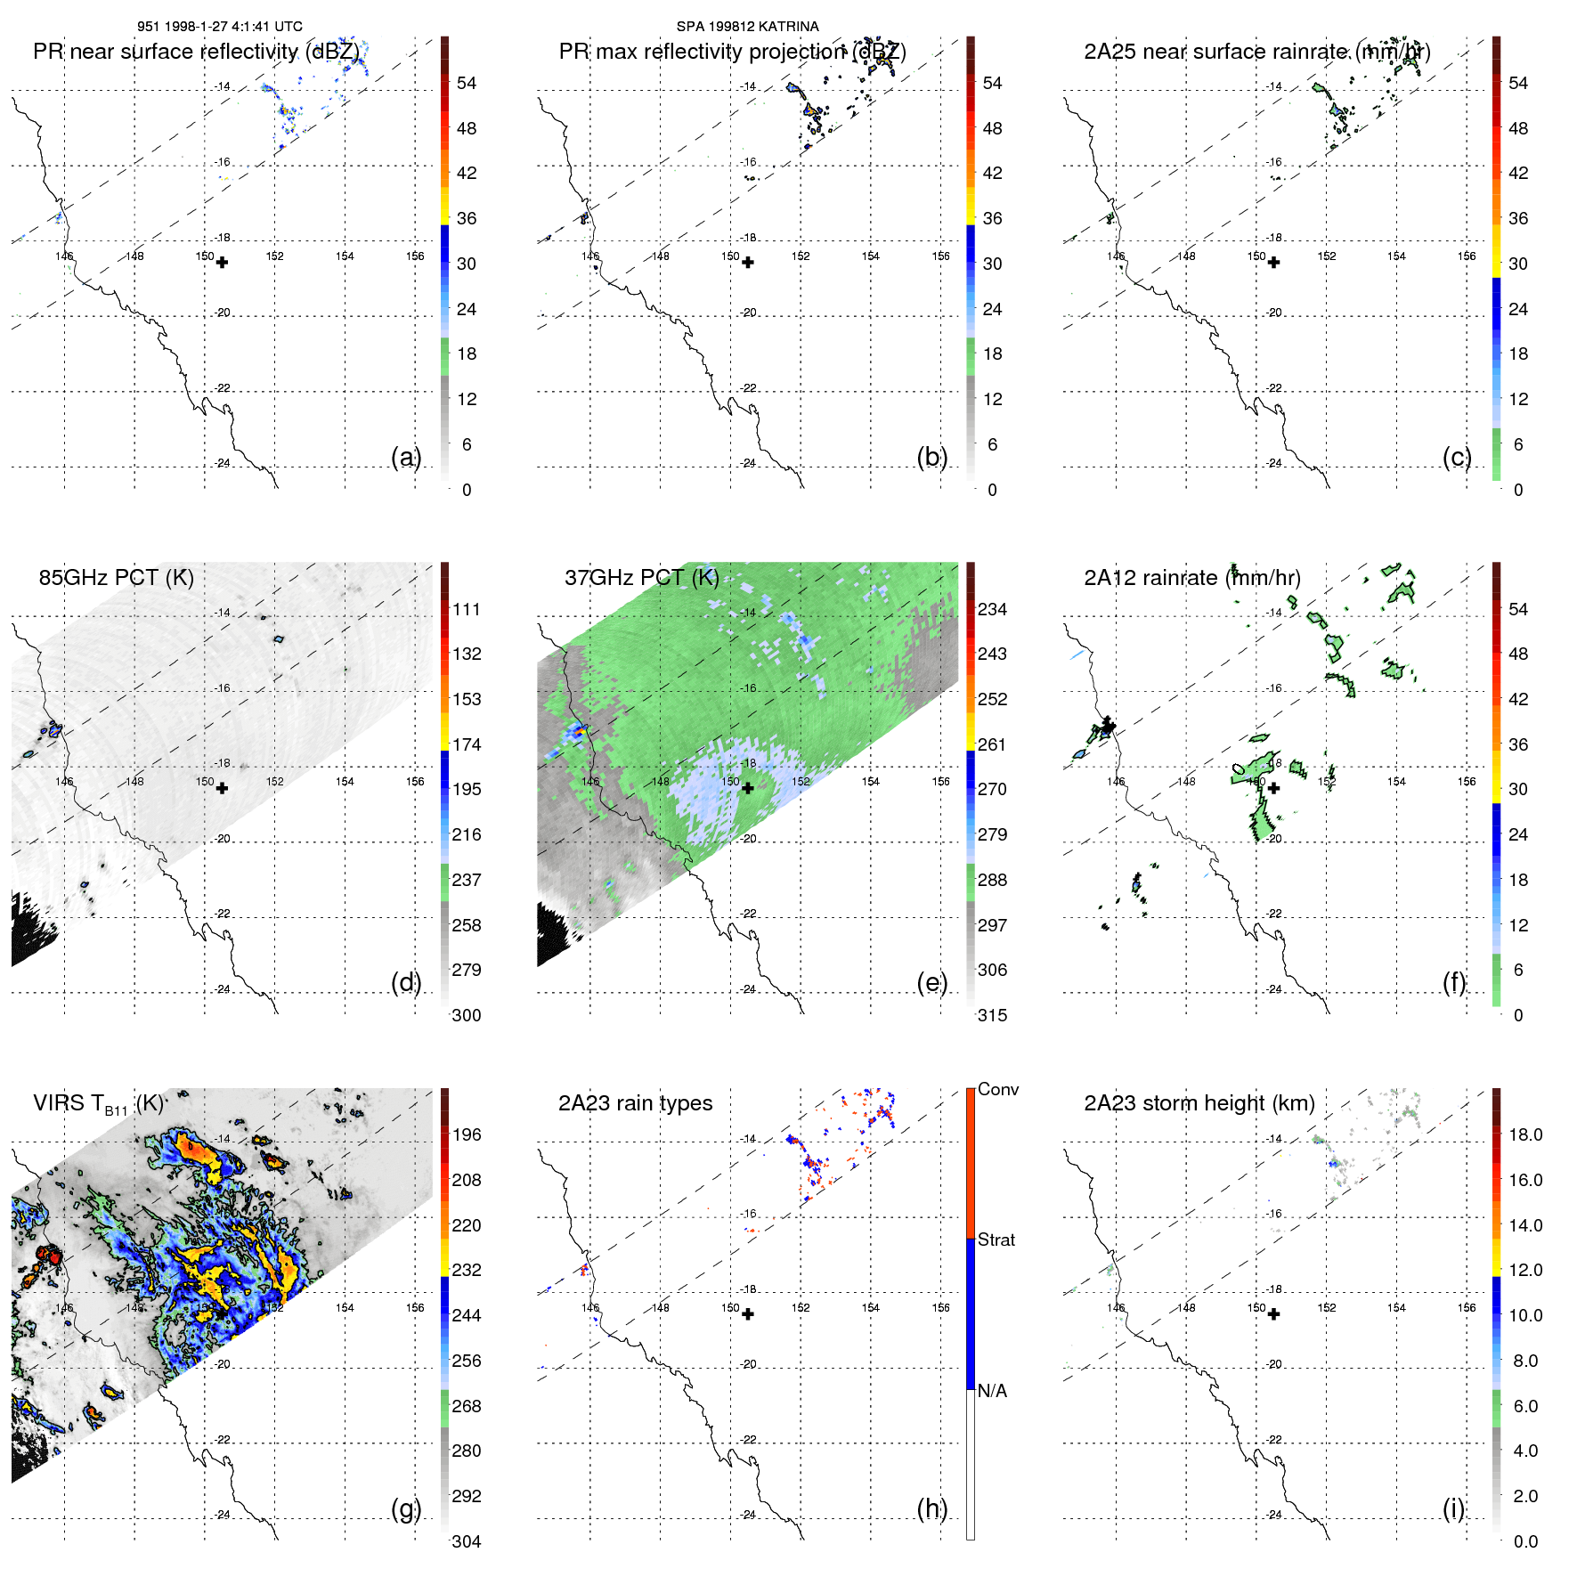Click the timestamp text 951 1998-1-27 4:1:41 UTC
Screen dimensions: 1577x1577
pyautogui.click(x=220, y=27)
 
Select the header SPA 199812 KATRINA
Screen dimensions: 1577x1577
pyautogui.click(x=747, y=27)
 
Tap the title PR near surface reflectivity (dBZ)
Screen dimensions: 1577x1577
pyautogui.click(x=196, y=52)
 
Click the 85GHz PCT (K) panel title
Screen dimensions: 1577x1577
pyautogui.click(x=116, y=577)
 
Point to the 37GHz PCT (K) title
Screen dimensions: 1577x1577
pyautogui.click(x=641, y=577)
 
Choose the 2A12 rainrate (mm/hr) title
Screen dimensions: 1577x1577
pyautogui.click(x=1191, y=577)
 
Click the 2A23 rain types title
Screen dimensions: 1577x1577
pyautogui.click(x=635, y=1103)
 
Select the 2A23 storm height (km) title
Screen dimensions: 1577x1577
pyautogui.click(x=1199, y=1103)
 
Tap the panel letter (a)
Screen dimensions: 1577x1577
pyautogui.click(x=405, y=457)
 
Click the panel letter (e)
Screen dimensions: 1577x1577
pyautogui.click(x=931, y=982)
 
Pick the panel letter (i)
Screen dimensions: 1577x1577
pyautogui.click(x=1453, y=1508)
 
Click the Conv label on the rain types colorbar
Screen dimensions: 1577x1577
pyautogui.click(x=997, y=1089)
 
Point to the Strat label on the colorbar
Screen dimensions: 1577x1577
pyautogui.click(x=996, y=1240)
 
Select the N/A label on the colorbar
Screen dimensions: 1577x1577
pyautogui.click(x=992, y=1391)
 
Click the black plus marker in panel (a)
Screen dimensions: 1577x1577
pyautogui.click(x=222, y=263)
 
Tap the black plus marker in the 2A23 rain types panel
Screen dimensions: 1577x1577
pyautogui.click(x=748, y=1314)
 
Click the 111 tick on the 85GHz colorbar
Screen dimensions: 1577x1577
pyautogui.click(x=467, y=609)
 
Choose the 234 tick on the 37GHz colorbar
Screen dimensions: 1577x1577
pyautogui.click(x=992, y=609)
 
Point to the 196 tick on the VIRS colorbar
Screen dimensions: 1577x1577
pyautogui.click(x=467, y=1134)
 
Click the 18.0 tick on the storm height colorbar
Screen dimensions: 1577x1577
pyautogui.click(x=1525, y=1134)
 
